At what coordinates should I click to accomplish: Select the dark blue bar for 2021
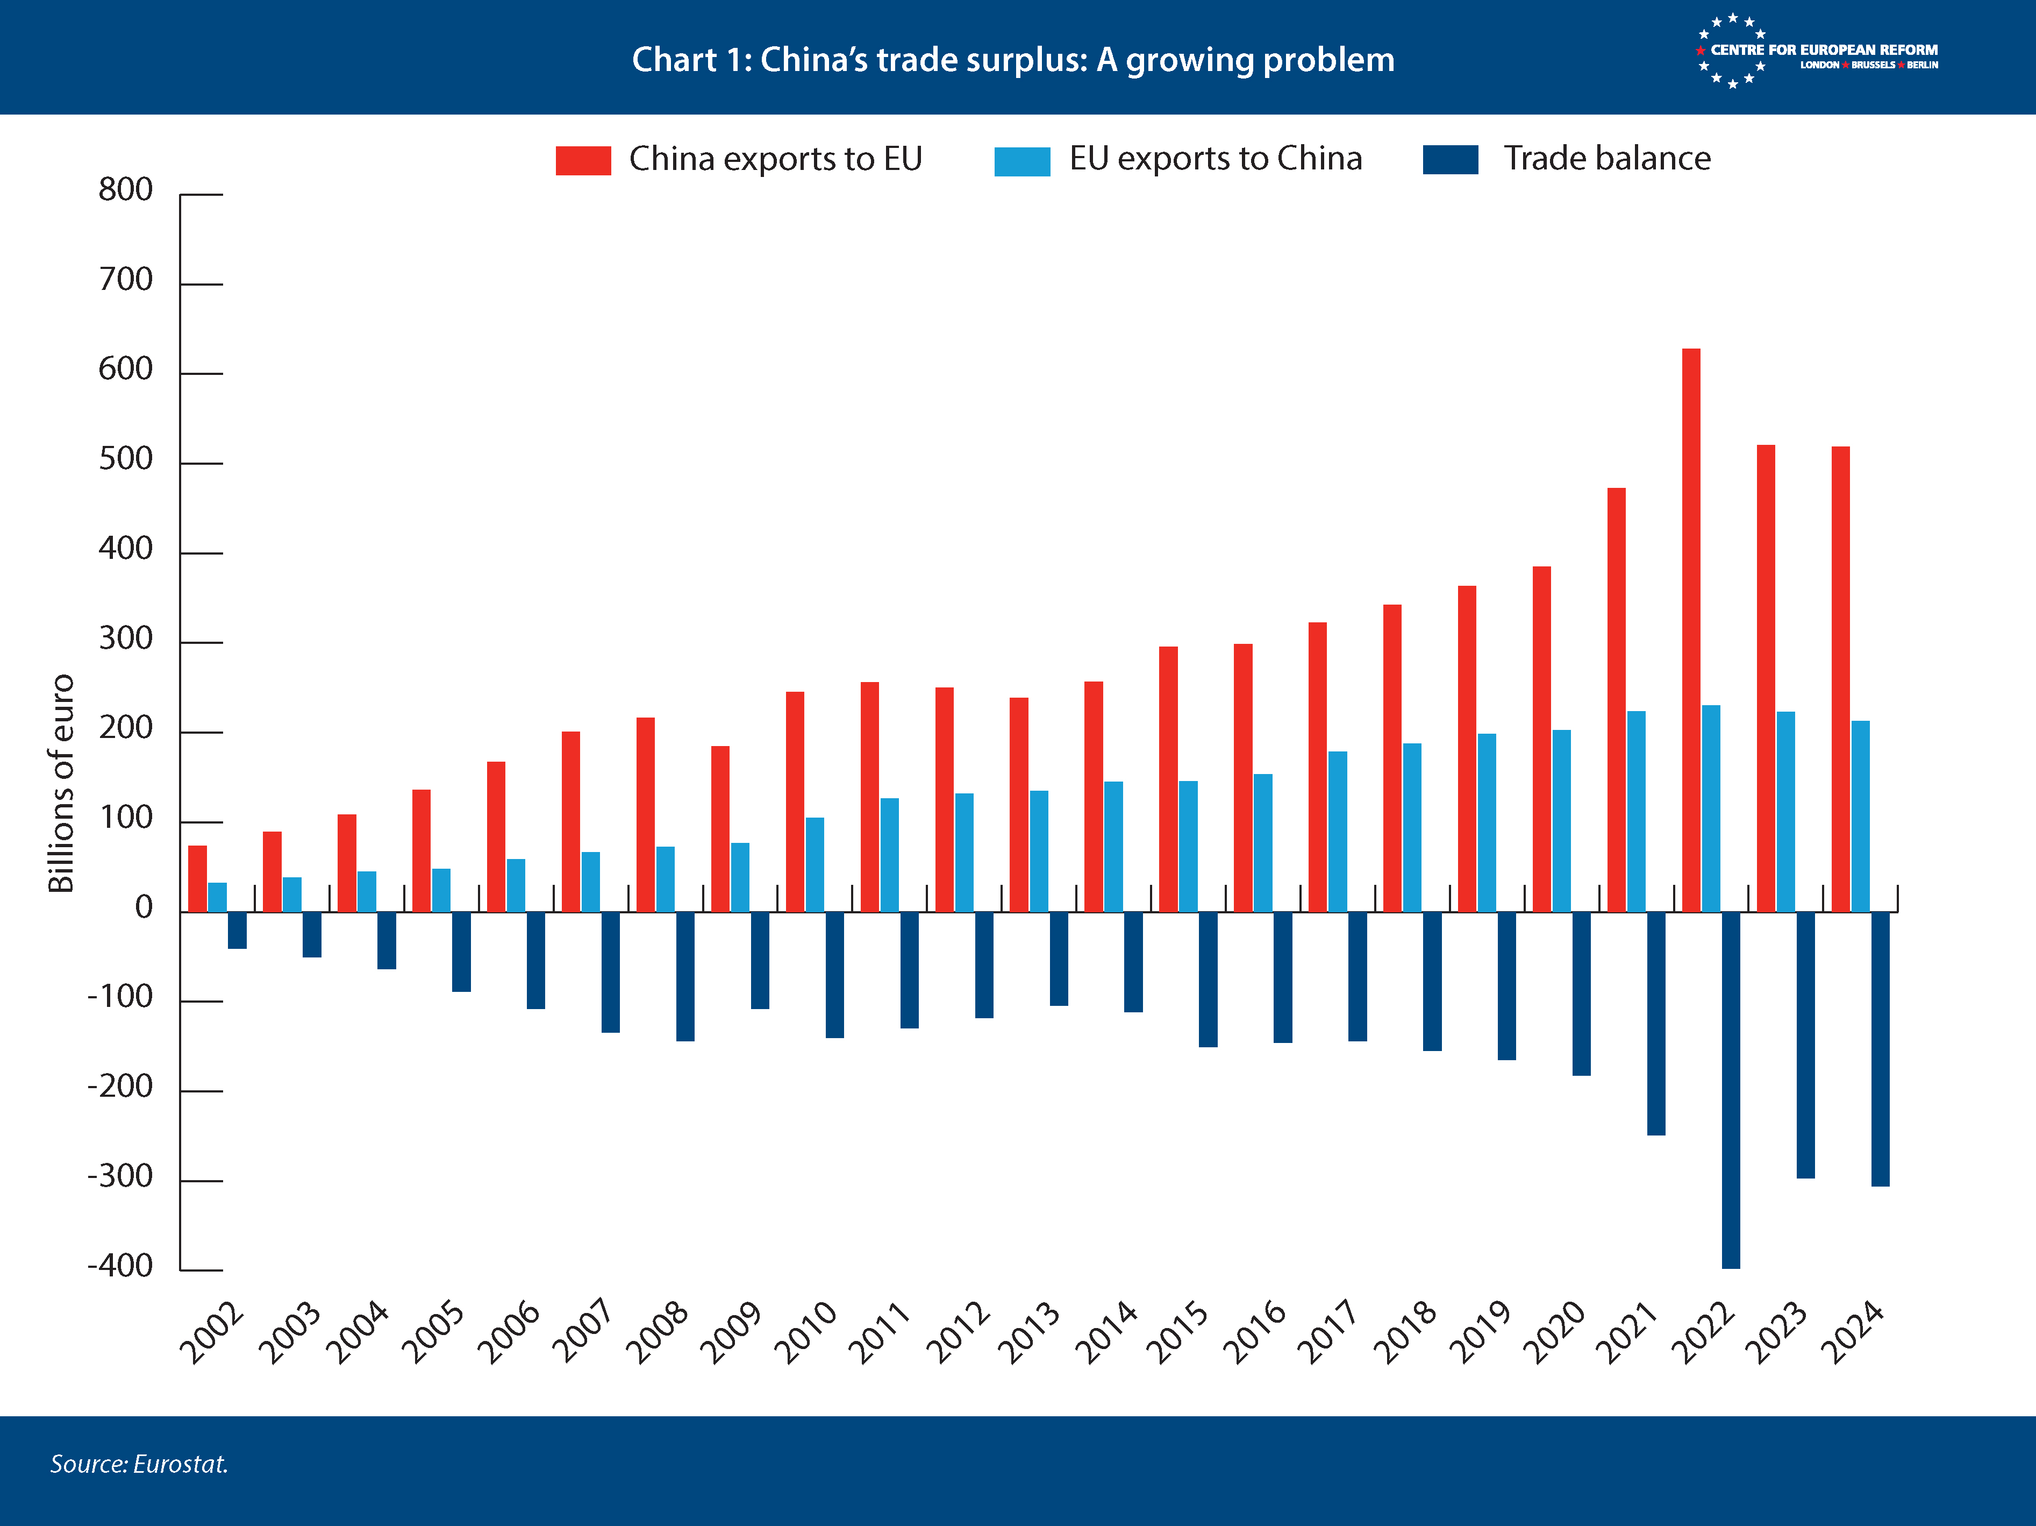click(x=1656, y=1022)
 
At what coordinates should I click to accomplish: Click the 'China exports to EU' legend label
click(x=775, y=159)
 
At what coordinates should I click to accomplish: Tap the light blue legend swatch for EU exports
click(x=1021, y=160)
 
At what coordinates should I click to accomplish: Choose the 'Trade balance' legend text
click(x=1607, y=158)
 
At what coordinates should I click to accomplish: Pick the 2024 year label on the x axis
click(x=1854, y=1332)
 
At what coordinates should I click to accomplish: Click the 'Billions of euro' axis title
click(x=61, y=783)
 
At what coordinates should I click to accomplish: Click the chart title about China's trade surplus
click(x=1012, y=60)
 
